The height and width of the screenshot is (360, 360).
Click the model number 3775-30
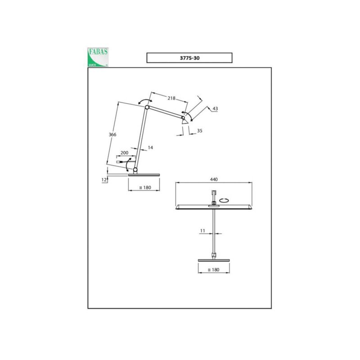tap(189, 58)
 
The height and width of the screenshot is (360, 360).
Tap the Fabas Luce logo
tap(98, 57)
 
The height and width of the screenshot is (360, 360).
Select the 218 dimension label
tap(171, 98)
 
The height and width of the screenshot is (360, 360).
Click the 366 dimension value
tap(112, 135)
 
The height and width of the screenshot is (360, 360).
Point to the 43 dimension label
tap(215, 108)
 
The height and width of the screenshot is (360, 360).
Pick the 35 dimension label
tap(199, 130)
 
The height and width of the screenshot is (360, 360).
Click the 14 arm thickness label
tap(150, 148)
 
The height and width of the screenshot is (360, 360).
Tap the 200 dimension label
tap(125, 153)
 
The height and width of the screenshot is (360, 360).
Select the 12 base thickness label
tap(104, 180)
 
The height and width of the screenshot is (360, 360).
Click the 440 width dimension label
tap(214, 179)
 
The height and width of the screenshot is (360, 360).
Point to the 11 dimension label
tap(202, 231)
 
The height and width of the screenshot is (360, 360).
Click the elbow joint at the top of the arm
tap(147, 107)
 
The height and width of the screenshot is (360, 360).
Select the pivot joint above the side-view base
tap(135, 170)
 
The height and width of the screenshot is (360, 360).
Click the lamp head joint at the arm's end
tap(183, 118)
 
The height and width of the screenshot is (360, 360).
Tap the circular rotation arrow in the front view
tap(224, 200)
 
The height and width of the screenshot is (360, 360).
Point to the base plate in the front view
tap(214, 261)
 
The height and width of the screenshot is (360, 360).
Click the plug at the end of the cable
tap(119, 162)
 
